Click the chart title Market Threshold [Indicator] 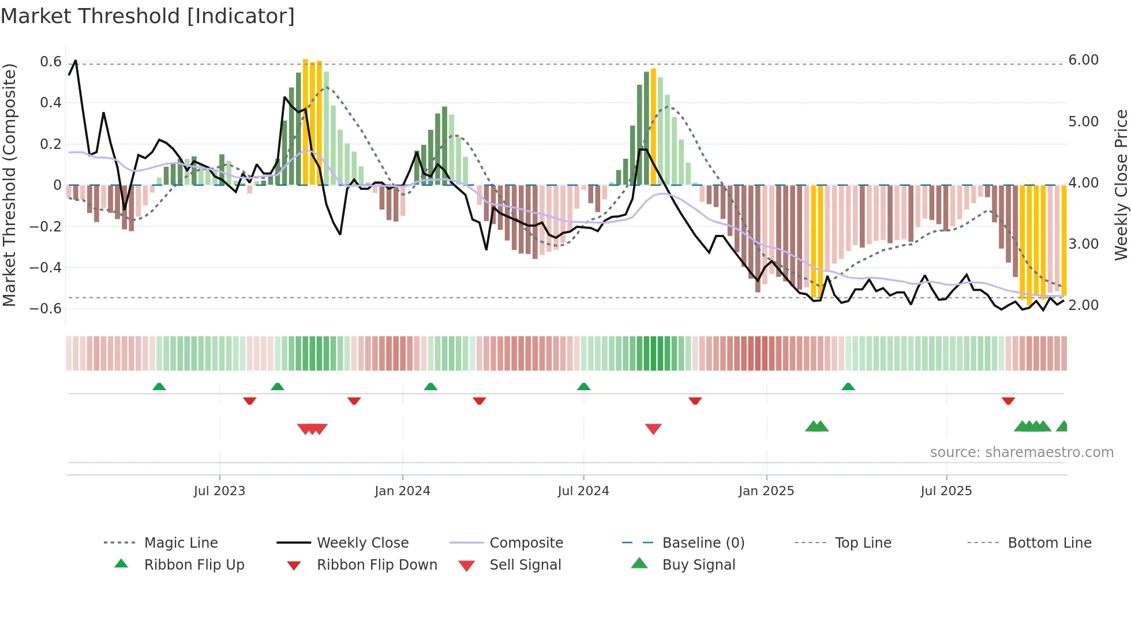(148, 16)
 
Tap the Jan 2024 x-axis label (402, 491)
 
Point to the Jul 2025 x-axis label (946, 491)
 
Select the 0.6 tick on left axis (51, 62)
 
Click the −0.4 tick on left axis (46, 267)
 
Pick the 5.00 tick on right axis (1083, 122)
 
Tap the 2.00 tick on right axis (1083, 305)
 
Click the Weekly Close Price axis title (1121, 185)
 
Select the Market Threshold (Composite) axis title (9, 185)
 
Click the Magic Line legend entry (181, 543)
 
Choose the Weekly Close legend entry (362, 543)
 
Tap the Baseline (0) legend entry (703, 543)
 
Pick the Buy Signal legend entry (698, 565)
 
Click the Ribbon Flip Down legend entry (377, 565)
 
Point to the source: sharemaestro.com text (1021, 452)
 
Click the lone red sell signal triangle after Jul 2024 (653, 429)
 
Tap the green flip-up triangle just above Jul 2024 (583, 387)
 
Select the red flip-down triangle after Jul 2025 (1008, 401)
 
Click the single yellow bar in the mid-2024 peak (653, 127)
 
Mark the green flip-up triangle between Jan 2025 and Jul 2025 (848, 387)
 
